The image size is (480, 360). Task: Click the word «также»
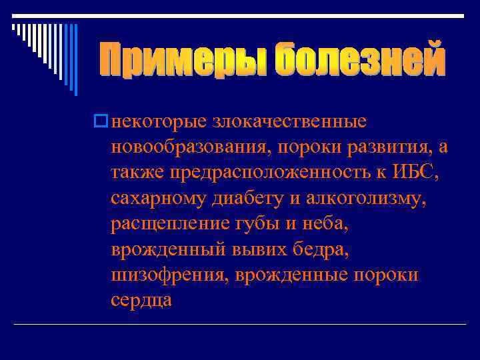pos(137,173)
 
